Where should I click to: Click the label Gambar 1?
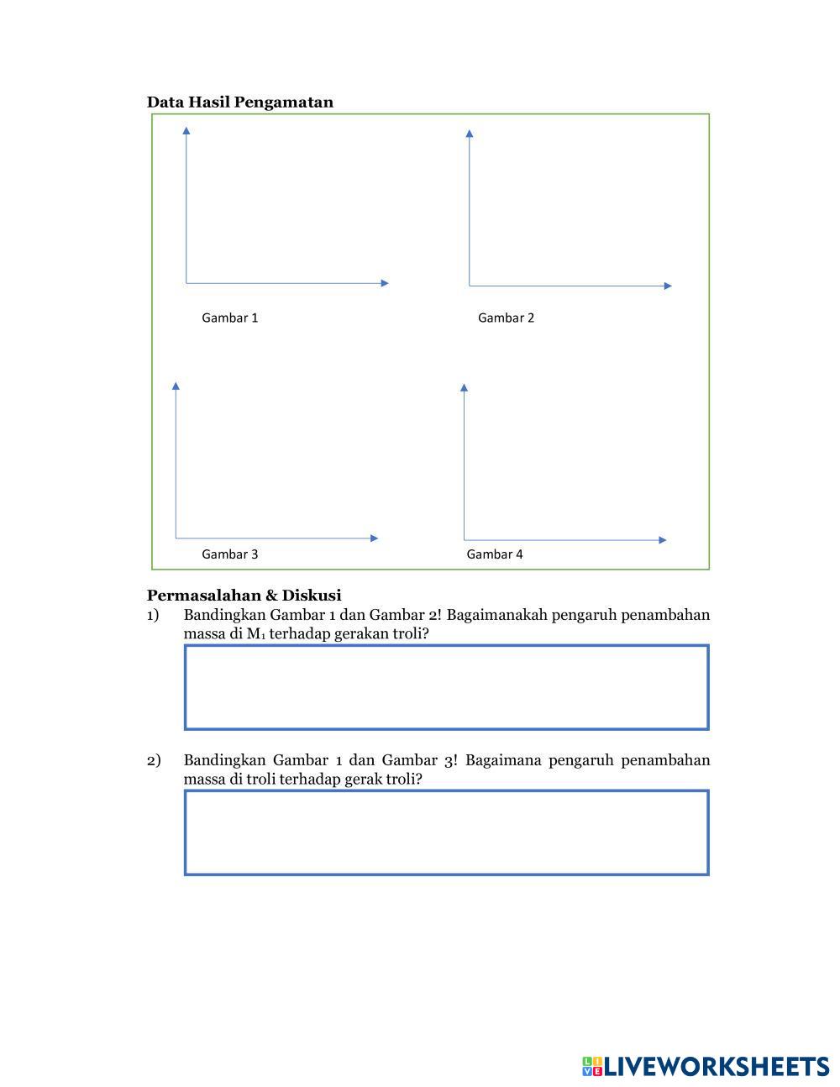tap(229, 318)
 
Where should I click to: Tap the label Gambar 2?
tap(506, 318)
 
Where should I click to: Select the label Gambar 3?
tap(229, 554)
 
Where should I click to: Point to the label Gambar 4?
tap(494, 554)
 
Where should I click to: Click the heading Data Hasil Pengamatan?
tap(239, 102)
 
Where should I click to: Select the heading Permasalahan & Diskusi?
tap(244, 596)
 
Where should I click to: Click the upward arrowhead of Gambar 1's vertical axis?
tap(186, 130)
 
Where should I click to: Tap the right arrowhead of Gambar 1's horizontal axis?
tap(385, 283)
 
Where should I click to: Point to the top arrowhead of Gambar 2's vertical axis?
tap(470, 133)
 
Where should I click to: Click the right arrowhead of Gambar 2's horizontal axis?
tap(668, 286)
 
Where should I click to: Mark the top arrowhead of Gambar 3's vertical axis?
tap(176, 386)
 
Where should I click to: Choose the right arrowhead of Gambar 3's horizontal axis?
tap(374, 538)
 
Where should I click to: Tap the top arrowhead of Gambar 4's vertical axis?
tap(464, 387)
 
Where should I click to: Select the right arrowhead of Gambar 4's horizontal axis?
tap(663, 540)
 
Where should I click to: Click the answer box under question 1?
tap(446, 687)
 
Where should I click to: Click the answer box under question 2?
tap(446, 832)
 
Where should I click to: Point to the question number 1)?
tap(153, 615)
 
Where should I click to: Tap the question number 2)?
tap(153, 760)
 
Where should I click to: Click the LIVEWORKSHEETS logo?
tap(706, 1067)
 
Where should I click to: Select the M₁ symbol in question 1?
tap(255, 633)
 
